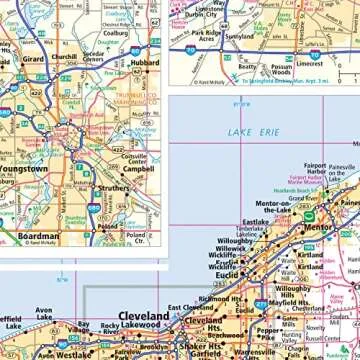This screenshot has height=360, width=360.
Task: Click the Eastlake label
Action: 255,223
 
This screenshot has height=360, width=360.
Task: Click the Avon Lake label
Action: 43,316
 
